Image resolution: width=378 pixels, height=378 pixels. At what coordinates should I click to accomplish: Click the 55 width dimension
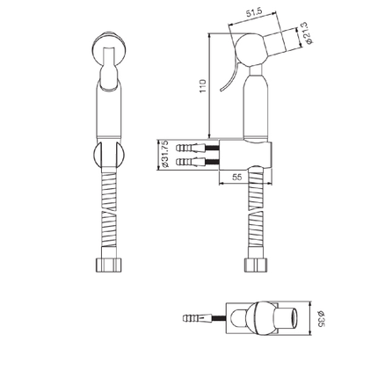(x=236, y=177)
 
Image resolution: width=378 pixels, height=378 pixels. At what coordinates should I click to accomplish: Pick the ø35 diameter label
(x=322, y=318)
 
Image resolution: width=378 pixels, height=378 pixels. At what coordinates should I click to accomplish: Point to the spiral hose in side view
(x=256, y=215)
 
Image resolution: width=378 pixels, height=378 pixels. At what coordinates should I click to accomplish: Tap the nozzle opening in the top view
(x=293, y=317)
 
